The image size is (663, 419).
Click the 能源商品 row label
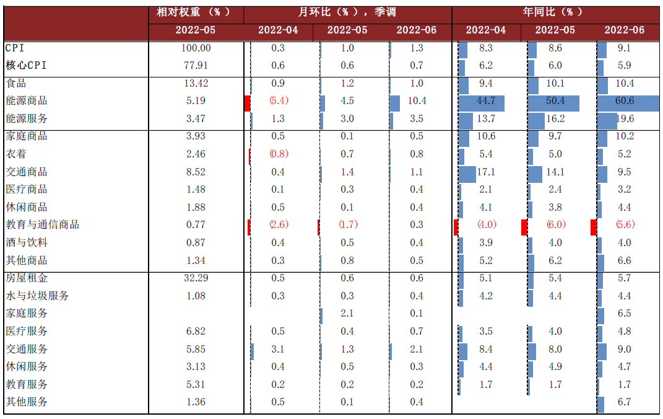[27, 101]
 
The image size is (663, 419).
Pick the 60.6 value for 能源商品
[625, 101]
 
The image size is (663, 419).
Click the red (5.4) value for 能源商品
[279, 101]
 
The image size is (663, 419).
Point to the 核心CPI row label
[26, 65]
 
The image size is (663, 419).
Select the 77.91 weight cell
[196, 65]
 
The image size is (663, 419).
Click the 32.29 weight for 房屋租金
[196, 278]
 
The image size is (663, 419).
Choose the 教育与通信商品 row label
[43, 225]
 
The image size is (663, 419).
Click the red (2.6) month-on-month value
[279, 225]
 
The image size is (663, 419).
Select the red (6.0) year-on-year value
[555, 225]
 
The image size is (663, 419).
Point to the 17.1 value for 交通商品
[486, 172]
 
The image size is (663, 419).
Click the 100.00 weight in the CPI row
[196, 48]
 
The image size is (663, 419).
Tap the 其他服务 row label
[27, 402]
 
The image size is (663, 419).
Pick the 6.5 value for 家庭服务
[625, 314]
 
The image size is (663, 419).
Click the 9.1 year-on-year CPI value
[625, 48]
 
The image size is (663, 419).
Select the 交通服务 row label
[27, 349]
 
